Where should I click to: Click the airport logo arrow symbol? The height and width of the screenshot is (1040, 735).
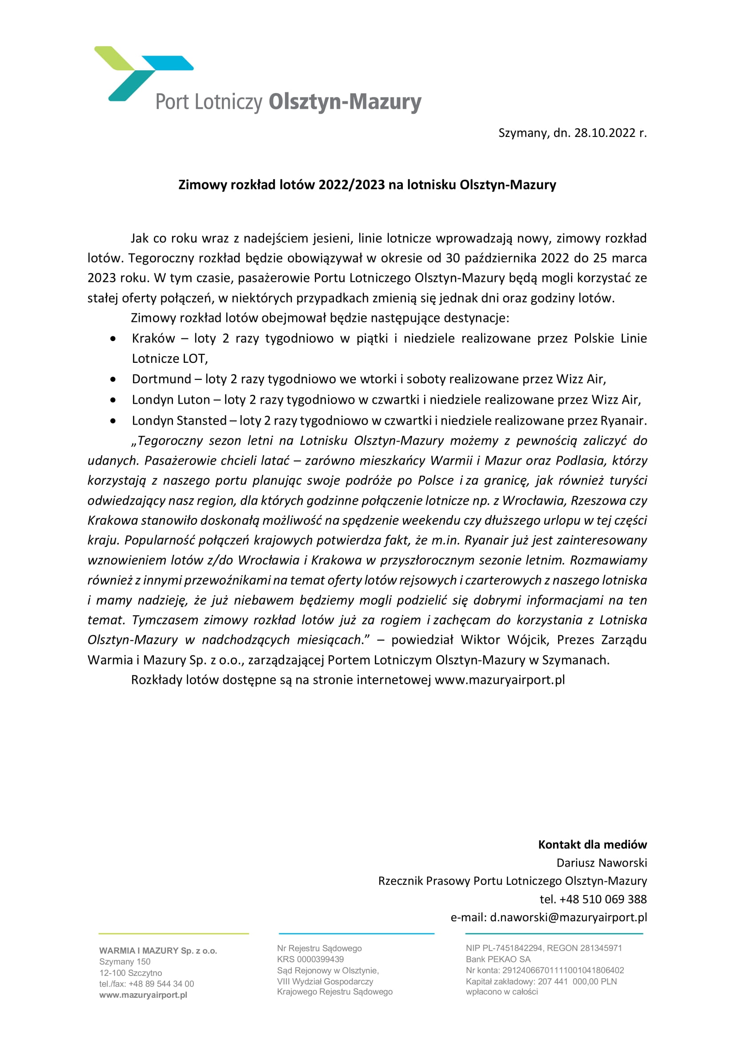click(x=136, y=72)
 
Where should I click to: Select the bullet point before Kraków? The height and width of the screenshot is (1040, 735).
click(x=113, y=338)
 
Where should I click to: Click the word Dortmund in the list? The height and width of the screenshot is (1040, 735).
click(x=161, y=379)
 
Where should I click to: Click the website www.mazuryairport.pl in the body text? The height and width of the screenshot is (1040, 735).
click(x=499, y=680)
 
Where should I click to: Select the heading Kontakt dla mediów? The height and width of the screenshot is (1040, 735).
click(x=592, y=845)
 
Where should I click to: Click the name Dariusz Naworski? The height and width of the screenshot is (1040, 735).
click(x=602, y=863)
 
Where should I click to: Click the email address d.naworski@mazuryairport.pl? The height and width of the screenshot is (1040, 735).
click(x=568, y=917)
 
